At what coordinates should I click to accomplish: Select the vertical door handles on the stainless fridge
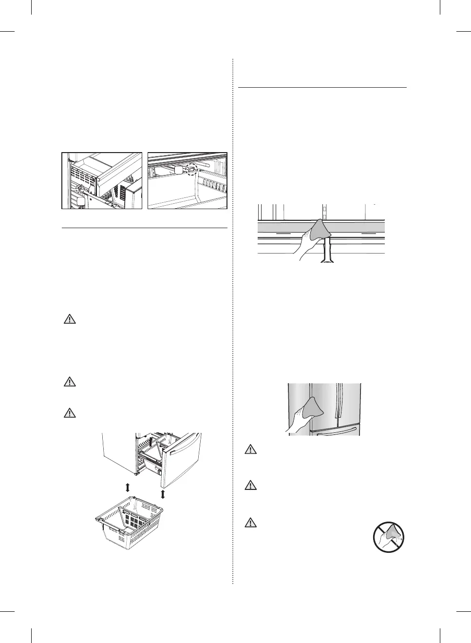(339, 402)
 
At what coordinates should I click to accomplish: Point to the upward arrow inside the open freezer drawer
(150, 442)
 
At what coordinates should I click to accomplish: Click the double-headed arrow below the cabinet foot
(127, 487)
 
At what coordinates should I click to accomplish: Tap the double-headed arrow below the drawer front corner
(163, 494)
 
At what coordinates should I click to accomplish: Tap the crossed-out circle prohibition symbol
(389, 537)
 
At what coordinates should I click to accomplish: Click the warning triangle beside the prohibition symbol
(250, 523)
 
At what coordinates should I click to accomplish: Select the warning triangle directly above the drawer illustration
(70, 412)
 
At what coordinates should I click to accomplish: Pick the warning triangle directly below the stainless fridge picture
(250, 449)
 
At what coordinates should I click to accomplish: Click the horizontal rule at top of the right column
(322, 88)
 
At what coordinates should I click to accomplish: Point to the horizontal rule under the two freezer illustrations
(145, 228)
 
